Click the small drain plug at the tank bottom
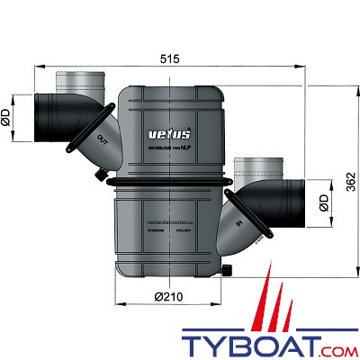(228, 270)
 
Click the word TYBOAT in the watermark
(238, 340)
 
